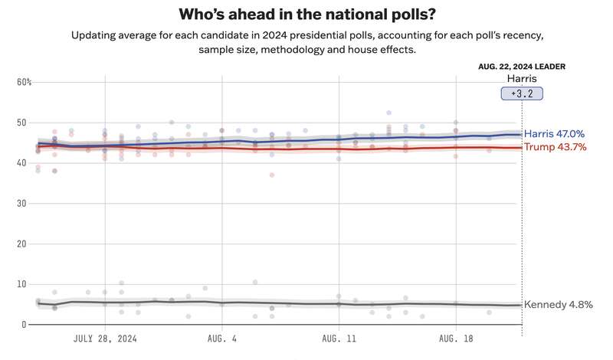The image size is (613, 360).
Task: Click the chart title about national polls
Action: point(307,15)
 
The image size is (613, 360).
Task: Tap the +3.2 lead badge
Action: point(522,93)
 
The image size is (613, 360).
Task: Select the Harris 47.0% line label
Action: point(554,134)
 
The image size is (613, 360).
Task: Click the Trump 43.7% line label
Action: point(555,147)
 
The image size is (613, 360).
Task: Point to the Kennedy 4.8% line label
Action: point(559,305)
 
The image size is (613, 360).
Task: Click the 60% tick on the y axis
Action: point(25,82)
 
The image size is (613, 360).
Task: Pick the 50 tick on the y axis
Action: point(21,123)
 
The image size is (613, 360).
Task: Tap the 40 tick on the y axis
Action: point(21,163)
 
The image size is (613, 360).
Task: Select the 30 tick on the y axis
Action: point(21,203)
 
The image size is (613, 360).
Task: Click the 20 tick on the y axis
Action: point(21,244)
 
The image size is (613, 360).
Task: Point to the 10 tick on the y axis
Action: point(21,284)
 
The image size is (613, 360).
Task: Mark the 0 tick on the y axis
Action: point(25,325)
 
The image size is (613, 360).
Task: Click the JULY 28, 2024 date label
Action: point(105,339)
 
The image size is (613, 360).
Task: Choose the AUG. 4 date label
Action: point(222,339)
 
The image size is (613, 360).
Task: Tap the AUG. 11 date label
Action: point(339,339)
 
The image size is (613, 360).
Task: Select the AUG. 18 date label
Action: point(456,339)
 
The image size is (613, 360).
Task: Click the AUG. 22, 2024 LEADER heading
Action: point(522,67)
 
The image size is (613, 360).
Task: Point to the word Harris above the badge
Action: point(522,79)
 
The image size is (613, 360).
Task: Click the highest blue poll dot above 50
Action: point(389,113)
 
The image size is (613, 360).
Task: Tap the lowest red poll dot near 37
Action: point(272,175)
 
